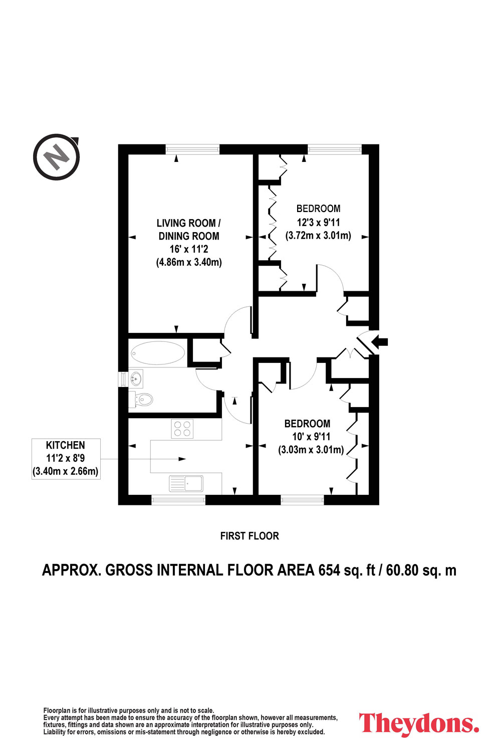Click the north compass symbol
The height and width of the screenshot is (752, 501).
[57, 157]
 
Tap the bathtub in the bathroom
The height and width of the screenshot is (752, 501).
[158, 353]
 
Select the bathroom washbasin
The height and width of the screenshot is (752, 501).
[136, 379]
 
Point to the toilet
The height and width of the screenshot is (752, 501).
[141, 399]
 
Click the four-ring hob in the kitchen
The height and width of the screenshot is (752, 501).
[182, 429]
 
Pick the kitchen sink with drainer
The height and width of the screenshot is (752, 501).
[186, 483]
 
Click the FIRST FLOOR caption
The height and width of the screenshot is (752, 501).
[249, 536]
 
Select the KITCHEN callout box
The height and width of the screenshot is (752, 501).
[66, 458]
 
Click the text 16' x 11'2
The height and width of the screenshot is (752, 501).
[189, 249]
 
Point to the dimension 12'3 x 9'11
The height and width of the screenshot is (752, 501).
[318, 222]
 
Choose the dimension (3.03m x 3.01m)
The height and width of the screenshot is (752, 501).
[311, 450]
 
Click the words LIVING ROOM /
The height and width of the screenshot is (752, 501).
[188, 223]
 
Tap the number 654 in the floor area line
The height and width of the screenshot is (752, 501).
[329, 571]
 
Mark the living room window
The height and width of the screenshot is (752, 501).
[192, 149]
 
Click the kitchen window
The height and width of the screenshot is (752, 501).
[178, 500]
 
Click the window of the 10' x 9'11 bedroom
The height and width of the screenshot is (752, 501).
[302, 500]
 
